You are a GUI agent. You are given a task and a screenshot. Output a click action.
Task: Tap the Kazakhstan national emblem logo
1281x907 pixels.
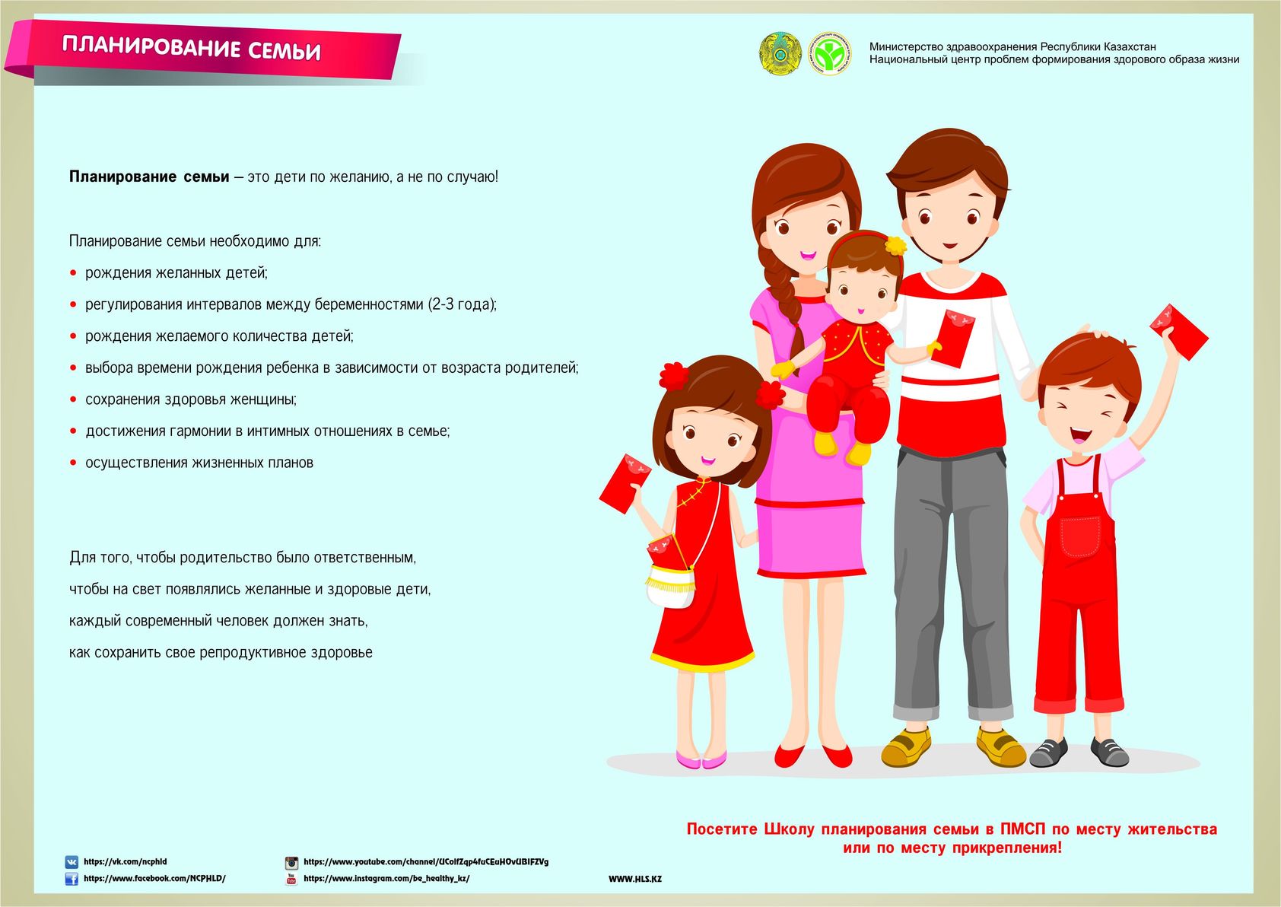tap(780, 53)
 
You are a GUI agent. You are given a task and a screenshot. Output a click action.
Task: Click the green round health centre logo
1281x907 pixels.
tap(829, 53)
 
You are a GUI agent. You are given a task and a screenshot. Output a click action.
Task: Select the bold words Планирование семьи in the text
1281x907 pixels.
tap(149, 177)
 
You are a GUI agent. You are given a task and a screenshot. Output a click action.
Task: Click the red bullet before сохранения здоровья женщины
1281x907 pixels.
tap(74, 399)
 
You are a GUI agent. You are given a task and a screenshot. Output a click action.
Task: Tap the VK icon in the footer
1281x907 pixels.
tap(72, 862)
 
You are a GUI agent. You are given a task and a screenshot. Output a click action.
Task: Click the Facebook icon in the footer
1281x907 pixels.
tap(72, 879)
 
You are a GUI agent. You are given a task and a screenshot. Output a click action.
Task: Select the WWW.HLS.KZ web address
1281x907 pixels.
tap(635, 879)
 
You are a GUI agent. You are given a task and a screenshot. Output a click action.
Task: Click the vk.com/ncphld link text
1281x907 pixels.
tap(125, 862)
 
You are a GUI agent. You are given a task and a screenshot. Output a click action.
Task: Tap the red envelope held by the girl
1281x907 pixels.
tap(625, 482)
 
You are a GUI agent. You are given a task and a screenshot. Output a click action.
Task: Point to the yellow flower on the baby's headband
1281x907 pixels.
tap(895, 245)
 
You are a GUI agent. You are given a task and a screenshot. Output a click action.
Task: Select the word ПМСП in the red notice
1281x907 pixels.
tap(1023, 829)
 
